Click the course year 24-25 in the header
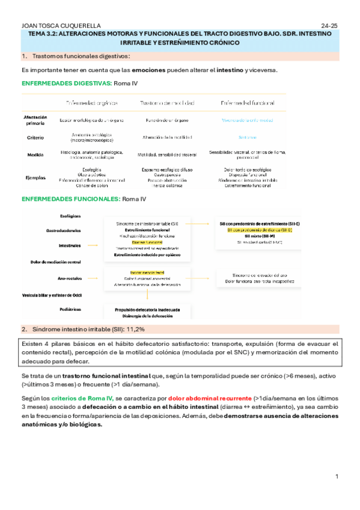point(330,26)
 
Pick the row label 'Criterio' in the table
point(35,137)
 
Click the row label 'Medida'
point(35,155)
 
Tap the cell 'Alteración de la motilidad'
point(165,137)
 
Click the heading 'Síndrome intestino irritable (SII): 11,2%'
point(87,330)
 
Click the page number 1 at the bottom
point(337,477)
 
